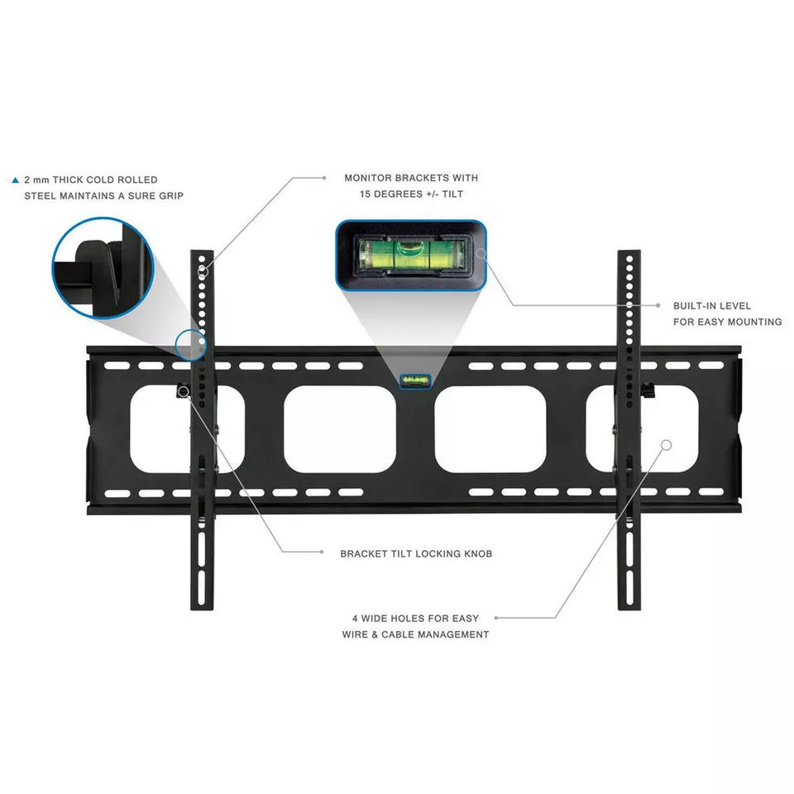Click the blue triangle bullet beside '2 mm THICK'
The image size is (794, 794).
pyautogui.click(x=15, y=179)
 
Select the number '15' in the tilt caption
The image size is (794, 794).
pyautogui.click(x=366, y=194)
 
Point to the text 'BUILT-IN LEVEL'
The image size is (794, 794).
pyautogui.click(x=711, y=306)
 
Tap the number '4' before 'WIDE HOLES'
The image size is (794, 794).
pyautogui.click(x=355, y=619)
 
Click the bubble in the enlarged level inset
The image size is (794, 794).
pyautogui.click(x=411, y=248)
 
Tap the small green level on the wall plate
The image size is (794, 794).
pyautogui.click(x=416, y=380)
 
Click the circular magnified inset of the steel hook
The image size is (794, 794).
pyautogui.click(x=103, y=268)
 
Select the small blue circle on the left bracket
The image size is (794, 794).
pyautogui.click(x=191, y=345)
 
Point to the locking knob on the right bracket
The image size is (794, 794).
pyautogui.click(x=648, y=390)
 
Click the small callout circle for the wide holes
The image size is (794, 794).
pyautogui.click(x=667, y=445)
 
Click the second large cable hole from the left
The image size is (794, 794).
pyautogui.click(x=340, y=429)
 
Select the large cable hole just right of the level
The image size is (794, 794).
pyautogui.click(x=490, y=429)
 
